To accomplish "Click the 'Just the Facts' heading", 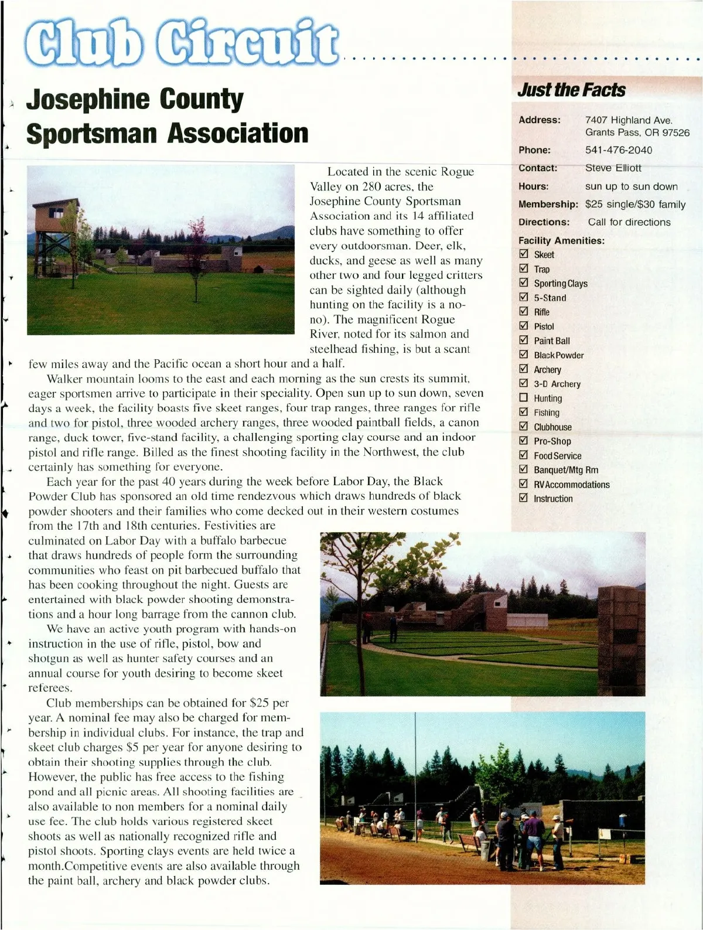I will coord(571,90).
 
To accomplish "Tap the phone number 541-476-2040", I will coord(618,150).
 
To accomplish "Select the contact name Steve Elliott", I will coord(613,168).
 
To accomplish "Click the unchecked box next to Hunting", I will coord(524,398).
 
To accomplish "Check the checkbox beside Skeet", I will coord(524,254).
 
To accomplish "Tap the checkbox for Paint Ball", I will coord(524,340).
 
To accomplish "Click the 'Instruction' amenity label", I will coord(553,499).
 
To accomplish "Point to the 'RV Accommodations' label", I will coord(571,485).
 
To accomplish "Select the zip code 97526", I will coord(676,132).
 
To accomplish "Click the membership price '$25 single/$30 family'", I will coord(635,205).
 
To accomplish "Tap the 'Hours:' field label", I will coord(533,186).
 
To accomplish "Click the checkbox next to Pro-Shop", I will coord(524,441).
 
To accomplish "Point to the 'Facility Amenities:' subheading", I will coord(561,240).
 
